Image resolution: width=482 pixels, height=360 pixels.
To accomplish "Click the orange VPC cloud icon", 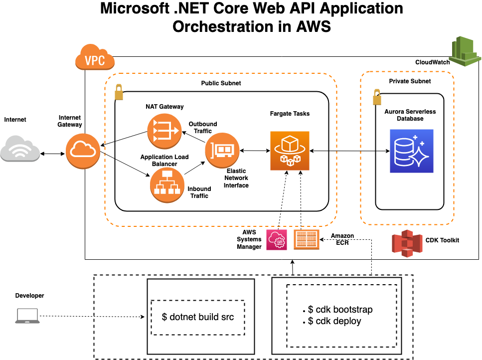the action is coord(95,57).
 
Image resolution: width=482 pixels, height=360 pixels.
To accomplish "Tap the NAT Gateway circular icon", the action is coord(164,131).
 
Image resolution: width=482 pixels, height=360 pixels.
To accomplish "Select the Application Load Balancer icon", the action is coord(167,185).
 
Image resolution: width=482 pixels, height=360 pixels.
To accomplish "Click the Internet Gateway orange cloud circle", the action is coord(83,151).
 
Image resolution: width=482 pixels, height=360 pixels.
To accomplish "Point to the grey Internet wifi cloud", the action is coord(20,149).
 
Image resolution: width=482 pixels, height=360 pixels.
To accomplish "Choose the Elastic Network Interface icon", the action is coord(222,151).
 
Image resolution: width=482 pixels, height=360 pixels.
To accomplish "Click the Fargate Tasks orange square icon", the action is coord(290,151).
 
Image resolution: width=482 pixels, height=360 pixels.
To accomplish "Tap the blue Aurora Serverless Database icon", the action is coord(412,151).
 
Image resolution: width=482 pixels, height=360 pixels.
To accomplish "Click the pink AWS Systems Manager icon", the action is coord(277,240).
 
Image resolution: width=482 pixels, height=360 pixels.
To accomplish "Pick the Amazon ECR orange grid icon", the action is coord(307,239).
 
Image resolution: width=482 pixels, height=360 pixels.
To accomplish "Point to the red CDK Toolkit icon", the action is coord(407,243).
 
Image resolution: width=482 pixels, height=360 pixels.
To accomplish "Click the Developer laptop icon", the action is coord(27,316).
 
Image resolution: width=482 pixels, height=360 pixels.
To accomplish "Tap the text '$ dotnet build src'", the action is coord(198,317).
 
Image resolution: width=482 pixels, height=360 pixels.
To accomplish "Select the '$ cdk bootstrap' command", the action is coord(340,309).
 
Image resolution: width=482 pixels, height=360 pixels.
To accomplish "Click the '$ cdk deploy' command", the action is coord(334,321).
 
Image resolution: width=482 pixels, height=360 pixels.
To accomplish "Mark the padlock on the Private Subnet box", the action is coord(377,97).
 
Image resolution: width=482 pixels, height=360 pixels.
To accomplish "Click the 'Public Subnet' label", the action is coord(221,83).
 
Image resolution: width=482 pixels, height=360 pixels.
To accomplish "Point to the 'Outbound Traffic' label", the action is coord(203,127).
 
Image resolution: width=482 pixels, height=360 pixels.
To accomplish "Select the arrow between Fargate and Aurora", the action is coord(350,151).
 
